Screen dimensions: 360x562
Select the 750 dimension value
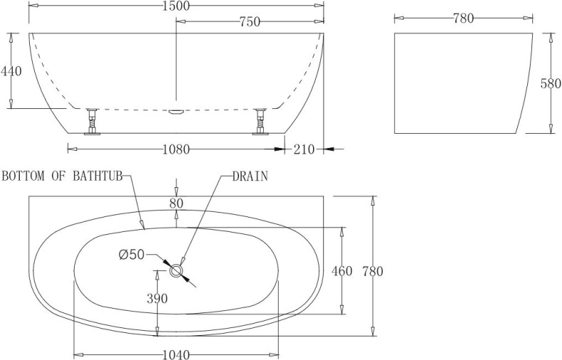[249, 22]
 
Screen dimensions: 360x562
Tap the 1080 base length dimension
[176, 149]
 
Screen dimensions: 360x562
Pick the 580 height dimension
[551, 83]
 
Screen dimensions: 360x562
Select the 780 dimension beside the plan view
[373, 271]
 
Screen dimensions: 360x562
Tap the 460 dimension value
[342, 271]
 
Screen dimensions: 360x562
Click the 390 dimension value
[157, 299]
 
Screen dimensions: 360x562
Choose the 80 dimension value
[176, 203]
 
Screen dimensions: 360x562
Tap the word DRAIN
[250, 176]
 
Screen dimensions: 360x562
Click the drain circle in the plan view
[176, 270]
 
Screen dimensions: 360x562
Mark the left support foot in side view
[91, 120]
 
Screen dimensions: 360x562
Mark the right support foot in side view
[260, 120]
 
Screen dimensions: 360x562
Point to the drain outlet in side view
[176, 111]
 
